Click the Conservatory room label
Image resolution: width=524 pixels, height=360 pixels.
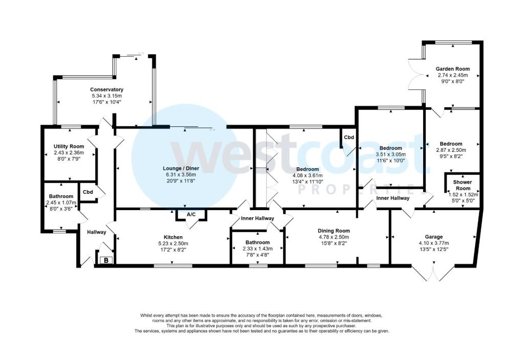point(106,89)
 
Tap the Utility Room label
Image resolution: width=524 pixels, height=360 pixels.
point(69,146)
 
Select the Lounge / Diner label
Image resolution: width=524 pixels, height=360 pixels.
point(181,168)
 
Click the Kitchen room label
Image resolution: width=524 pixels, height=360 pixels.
point(173,237)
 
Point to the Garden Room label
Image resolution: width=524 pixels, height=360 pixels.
point(452,69)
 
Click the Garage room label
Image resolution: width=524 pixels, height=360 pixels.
point(434,237)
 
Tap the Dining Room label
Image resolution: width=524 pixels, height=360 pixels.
point(334,231)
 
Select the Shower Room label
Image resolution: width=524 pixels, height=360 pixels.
point(463,185)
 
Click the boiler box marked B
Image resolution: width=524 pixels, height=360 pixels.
point(106,260)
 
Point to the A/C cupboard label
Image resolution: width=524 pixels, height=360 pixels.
point(191,214)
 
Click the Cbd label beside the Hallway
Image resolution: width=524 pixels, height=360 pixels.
point(88,192)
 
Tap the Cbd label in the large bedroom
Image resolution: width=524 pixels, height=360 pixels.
point(348,137)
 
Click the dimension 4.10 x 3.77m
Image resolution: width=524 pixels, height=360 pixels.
point(434,243)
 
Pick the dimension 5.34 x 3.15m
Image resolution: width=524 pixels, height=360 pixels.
point(106,96)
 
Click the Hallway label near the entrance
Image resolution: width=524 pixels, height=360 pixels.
point(97,232)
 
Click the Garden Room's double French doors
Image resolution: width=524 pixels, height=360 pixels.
point(416,76)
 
